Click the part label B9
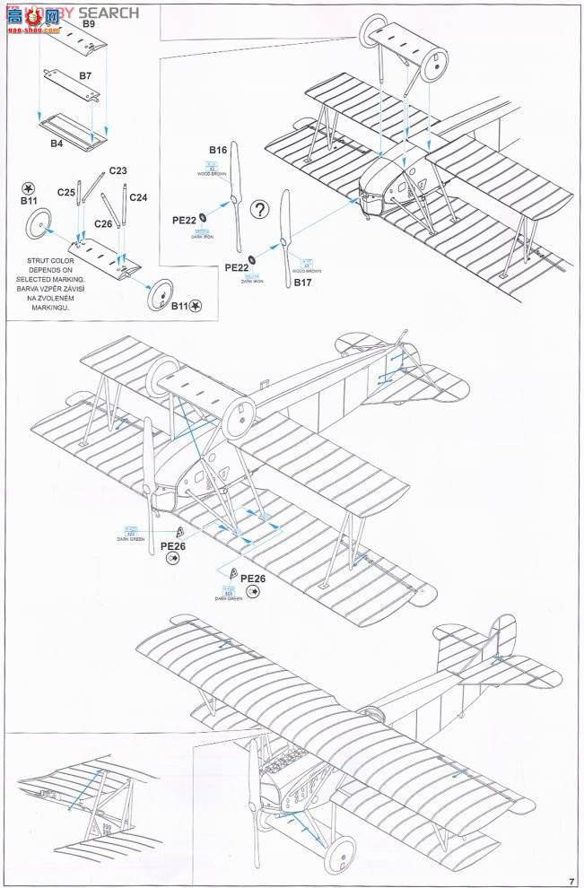click(x=89, y=24)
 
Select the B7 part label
click(x=85, y=76)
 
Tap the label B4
click(x=57, y=143)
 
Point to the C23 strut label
click(x=118, y=170)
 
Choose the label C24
click(x=138, y=197)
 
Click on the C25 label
click(x=65, y=192)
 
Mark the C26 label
click(x=104, y=223)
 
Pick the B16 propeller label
click(x=218, y=150)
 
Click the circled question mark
click(x=259, y=210)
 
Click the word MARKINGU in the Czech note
click(x=49, y=307)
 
